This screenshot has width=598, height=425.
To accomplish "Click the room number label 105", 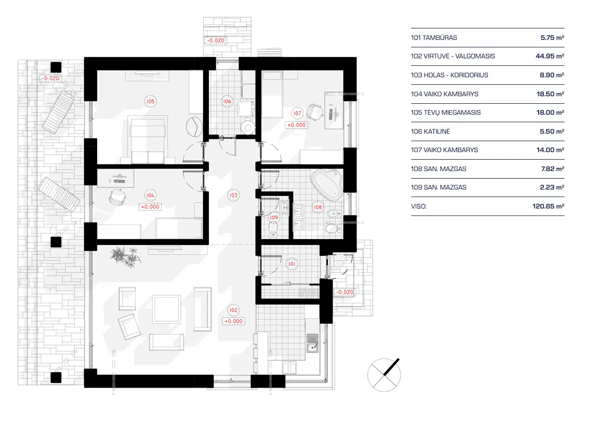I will click(x=150, y=101).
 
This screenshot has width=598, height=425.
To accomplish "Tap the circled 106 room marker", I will click(x=227, y=102).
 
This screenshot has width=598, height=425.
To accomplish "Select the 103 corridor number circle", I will click(x=233, y=195).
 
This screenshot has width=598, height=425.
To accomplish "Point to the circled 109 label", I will click(x=273, y=217).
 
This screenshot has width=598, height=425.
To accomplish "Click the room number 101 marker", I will click(x=292, y=264).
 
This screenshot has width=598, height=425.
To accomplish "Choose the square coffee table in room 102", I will click(x=166, y=309).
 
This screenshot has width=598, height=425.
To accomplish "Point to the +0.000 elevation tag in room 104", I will click(x=150, y=207).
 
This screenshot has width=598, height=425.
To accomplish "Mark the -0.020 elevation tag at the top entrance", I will click(x=217, y=40).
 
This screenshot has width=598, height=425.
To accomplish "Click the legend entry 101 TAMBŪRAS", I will click(x=434, y=37).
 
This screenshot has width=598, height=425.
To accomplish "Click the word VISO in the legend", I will click(x=419, y=206).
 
